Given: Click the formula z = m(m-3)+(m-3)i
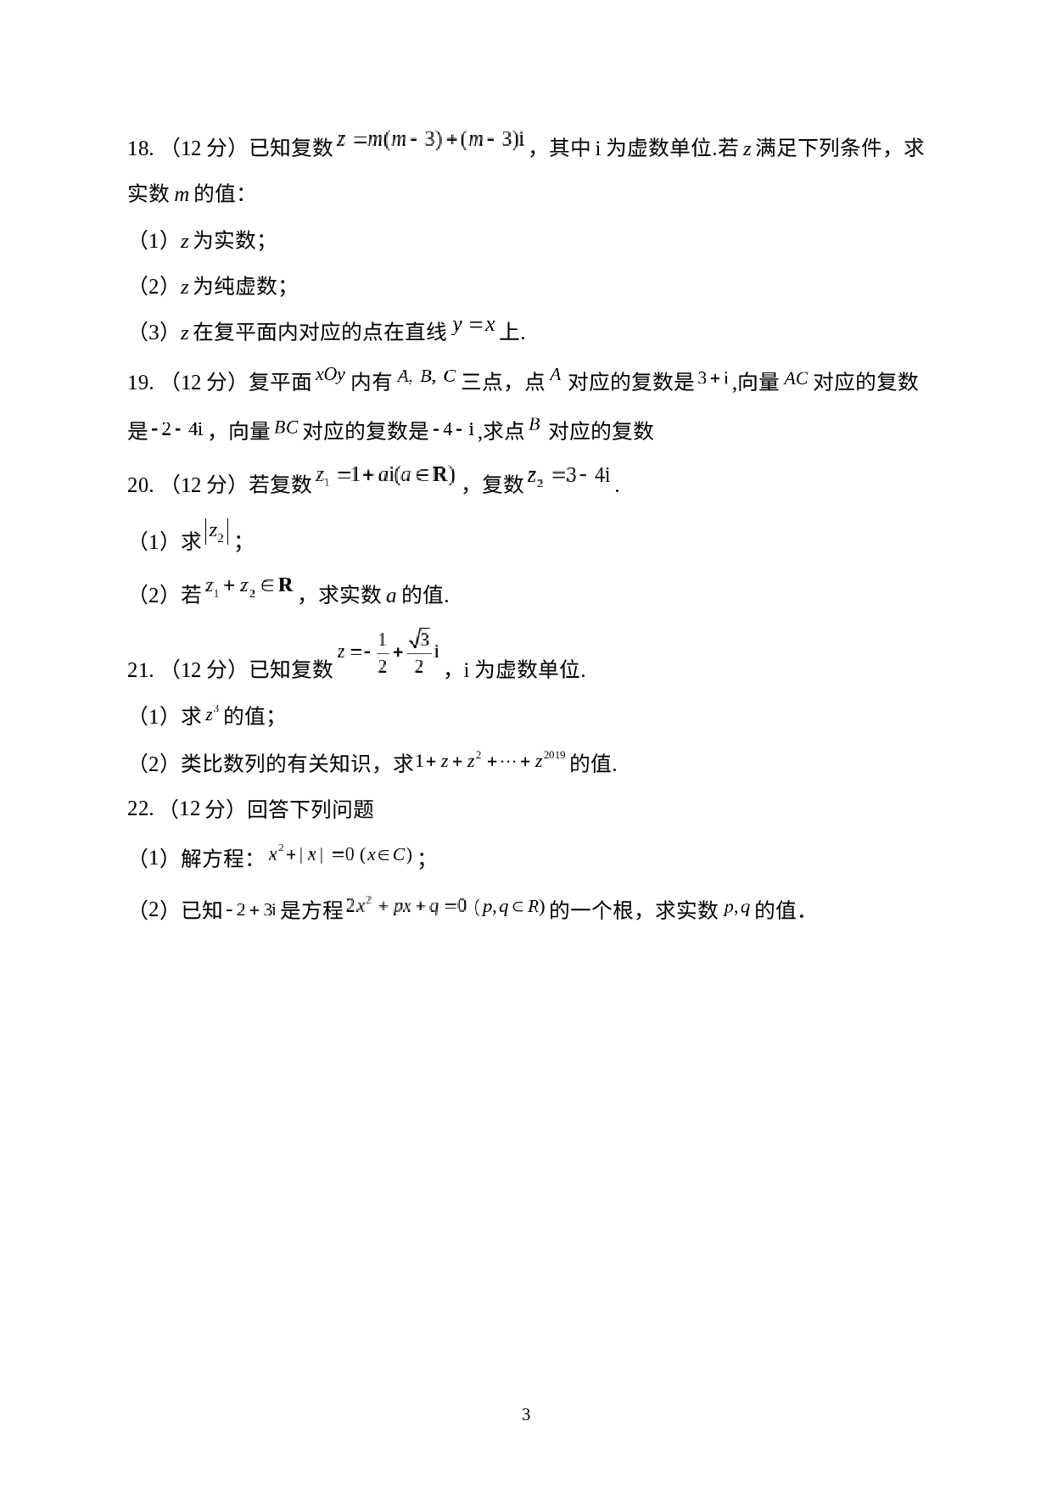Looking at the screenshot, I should [430, 141].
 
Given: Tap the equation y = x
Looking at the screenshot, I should [473, 327].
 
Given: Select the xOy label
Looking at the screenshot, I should [330, 375].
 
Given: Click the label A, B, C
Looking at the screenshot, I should [427, 376].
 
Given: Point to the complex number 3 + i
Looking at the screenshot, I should [713, 378].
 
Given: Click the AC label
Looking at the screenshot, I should [796, 378].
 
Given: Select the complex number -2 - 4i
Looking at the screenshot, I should [177, 428].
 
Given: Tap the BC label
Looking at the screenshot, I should [286, 426].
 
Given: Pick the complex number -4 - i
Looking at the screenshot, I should [453, 428].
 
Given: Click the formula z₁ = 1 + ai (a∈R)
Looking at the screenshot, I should [385, 475].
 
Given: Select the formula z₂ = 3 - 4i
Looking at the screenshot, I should [568, 476].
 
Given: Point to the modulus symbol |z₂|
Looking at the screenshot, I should [216, 532].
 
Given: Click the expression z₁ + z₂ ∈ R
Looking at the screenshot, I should [249, 585].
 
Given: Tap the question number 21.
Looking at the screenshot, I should [140, 670].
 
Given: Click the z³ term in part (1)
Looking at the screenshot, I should [212, 714].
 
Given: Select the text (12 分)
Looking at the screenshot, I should [203, 808].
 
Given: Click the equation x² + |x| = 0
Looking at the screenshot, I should [311, 853].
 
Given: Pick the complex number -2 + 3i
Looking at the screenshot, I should [251, 909].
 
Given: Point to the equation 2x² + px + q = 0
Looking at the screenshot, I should [406, 906].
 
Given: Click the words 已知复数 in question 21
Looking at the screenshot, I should [290, 669].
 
